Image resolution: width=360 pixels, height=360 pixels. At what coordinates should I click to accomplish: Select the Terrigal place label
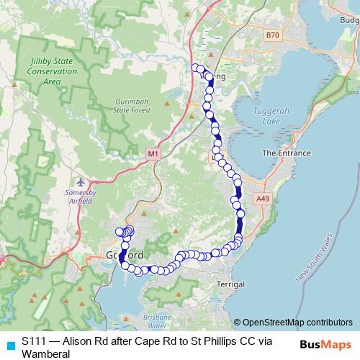tap(230, 284)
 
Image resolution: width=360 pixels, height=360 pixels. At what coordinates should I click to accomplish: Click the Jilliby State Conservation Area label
tap(51, 72)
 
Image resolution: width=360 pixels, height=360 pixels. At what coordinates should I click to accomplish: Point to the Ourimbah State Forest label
tap(135, 106)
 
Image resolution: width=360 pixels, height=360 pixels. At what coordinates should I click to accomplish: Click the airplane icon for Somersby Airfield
tap(79, 181)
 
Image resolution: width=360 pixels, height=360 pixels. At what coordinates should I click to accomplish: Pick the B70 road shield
tap(271, 35)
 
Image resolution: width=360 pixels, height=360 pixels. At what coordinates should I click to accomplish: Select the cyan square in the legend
tap(9, 346)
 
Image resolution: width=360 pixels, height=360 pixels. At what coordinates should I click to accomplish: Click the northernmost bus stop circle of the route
tap(194, 68)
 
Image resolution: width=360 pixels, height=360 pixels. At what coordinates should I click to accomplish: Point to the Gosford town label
tap(125, 256)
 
